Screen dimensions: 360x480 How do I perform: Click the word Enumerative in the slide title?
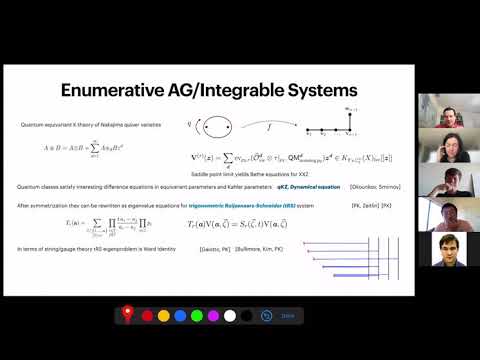tap(114, 91)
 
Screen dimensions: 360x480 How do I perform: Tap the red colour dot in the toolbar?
tap(148, 316)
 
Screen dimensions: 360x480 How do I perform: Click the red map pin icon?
tap(128, 316)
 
